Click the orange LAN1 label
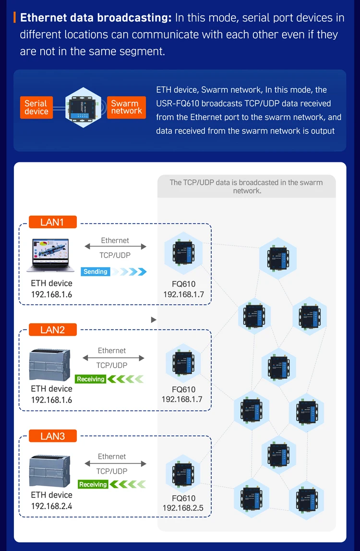[x=52, y=222]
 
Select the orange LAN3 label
[x=52, y=436]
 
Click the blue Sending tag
[x=96, y=271]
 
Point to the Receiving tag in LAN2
[x=91, y=379]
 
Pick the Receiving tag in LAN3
[x=93, y=484]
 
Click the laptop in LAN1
[x=51, y=255]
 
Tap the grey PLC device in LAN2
[x=50, y=364]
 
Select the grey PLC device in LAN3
[x=50, y=470]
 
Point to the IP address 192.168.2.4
[x=52, y=506]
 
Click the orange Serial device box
[x=36, y=107]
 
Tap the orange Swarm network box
[x=126, y=107]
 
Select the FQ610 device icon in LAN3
[x=183, y=476]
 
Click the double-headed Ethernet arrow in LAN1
[x=115, y=247]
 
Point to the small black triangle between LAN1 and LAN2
[x=154, y=320]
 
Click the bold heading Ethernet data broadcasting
[x=96, y=18]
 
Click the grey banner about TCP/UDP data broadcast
[x=247, y=186]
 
